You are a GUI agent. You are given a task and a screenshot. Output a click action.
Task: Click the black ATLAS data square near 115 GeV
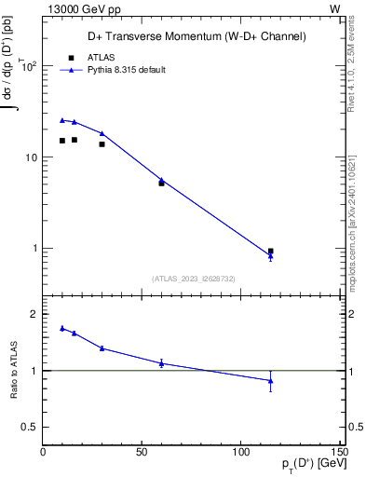coord(270,251)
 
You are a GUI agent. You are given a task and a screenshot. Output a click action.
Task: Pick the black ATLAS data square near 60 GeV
coord(161,183)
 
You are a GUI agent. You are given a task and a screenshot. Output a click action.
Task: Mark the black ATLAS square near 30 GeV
coord(102,143)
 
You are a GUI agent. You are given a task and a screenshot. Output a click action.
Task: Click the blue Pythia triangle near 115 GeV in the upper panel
coord(270,256)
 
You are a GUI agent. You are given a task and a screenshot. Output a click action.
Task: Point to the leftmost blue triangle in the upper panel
coord(62,120)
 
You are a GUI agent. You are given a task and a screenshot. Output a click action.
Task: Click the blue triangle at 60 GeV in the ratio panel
coord(161,362)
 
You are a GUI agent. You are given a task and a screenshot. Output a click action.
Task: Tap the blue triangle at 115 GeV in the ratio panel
coord(270,380)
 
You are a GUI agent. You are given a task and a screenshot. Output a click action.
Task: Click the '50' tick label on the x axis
coord(142,452)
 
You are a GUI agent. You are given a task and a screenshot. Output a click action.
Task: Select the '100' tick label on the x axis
coord(240,452)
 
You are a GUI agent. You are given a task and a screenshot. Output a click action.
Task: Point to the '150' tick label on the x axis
coord(339,452)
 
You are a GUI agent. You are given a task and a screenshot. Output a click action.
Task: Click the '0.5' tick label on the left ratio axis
coord(28,427)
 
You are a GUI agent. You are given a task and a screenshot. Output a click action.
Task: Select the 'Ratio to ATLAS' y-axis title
coord(13,371)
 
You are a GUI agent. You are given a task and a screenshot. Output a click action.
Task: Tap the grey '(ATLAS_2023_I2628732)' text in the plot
coord(194,278)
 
